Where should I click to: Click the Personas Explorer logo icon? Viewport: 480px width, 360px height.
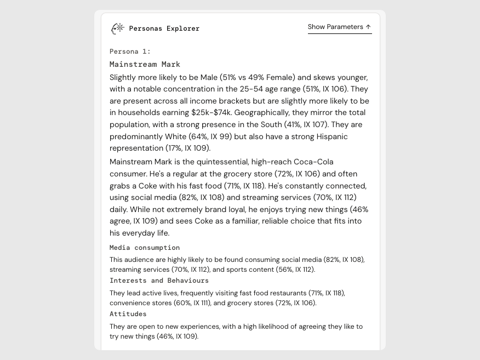tap(117, 28)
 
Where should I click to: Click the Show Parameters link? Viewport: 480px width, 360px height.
tap(335, 27)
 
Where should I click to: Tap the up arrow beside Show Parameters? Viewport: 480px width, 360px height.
tap(368, 27)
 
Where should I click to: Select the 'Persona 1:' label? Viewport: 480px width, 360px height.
tap(130, 52)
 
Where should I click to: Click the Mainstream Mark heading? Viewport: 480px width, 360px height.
tap(145, 64)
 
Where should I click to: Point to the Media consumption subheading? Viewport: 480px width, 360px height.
tap(145, 248)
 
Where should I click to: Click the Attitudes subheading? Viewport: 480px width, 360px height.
tap(128, 314)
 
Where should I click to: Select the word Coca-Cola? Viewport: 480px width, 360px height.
tap(313, 162)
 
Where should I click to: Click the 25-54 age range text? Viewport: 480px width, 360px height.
tap(253, 89)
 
